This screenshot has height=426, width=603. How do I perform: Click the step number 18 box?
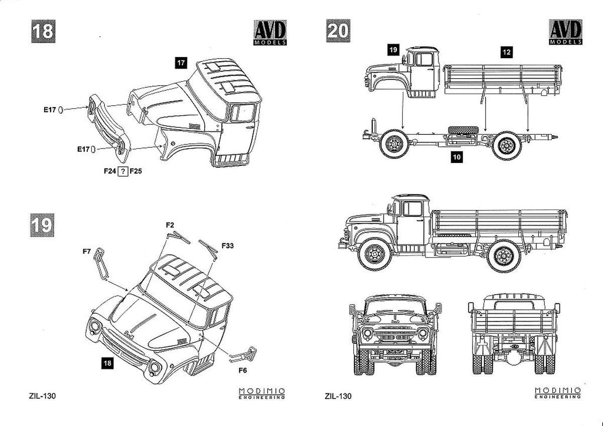click(42, 31)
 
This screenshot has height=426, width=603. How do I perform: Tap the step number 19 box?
click(42, 225)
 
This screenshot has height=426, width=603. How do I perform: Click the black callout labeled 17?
click(181, 63)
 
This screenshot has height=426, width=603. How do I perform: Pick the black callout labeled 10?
click(457, 157)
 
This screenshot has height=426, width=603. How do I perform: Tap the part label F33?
click(227, 246)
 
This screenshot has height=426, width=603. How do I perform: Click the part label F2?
click(170, 225)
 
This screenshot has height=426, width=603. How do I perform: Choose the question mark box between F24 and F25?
click(123, 171)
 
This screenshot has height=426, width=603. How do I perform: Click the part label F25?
click(136, 171)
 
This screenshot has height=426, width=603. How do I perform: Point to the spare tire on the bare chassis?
click(462, 131)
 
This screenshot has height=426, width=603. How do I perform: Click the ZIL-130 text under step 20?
click(338, 396)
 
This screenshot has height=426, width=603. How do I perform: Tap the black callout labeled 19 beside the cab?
click(393, 50)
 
